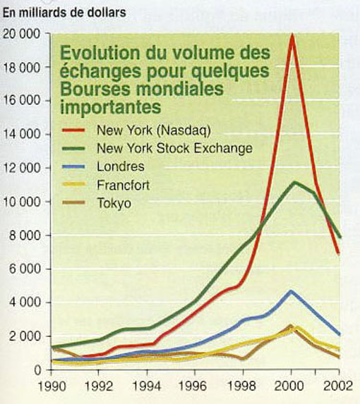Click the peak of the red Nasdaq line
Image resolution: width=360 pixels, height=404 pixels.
[292, 35]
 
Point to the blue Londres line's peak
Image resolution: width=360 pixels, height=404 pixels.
[291, 291]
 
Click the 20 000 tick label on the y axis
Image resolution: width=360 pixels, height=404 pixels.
[22, 35]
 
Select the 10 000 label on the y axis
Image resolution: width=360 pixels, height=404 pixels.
[22, 202]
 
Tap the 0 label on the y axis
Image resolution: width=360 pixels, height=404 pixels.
[37, 370]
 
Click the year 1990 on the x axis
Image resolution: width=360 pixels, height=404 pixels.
[52, 386]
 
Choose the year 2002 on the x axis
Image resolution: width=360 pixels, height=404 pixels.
[338, 386]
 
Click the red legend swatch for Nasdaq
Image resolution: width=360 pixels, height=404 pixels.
[73, 130]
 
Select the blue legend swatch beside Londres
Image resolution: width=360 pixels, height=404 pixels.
[73, 166]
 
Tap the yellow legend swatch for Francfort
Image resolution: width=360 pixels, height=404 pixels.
[73, 184]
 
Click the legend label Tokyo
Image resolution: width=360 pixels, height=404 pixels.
[114, 203]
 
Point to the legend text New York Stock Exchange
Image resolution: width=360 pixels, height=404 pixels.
[174, 148]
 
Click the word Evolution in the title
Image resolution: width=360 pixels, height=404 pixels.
[100, 53]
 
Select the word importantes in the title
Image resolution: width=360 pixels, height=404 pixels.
[111, 106]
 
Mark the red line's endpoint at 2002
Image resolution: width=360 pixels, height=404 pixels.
[339, 254]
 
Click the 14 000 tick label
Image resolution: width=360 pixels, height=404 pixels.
[22, 134]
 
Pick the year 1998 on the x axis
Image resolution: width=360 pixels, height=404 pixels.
[242, 386]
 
